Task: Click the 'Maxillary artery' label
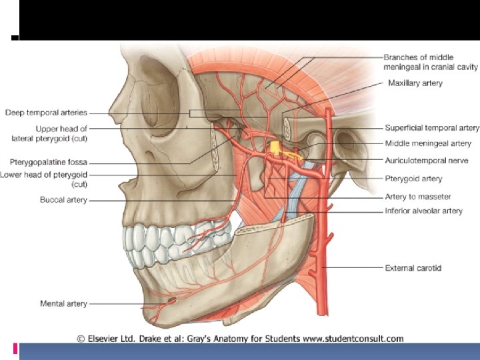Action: tap(415, 83)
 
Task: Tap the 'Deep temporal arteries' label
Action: tap(46, 113)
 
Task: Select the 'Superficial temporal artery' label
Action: tap(431, 127)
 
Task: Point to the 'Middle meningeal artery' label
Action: tap(427, 143)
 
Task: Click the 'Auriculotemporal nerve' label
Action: tap(426, 161)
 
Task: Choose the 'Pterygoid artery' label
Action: tap(413, 179)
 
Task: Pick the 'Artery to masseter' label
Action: tap(417, 196)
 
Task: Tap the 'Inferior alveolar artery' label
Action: tap(423, 211)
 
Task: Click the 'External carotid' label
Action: tap(413, 268)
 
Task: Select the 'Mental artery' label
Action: tap(63, 304)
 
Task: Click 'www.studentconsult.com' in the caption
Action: tap(351, 339)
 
